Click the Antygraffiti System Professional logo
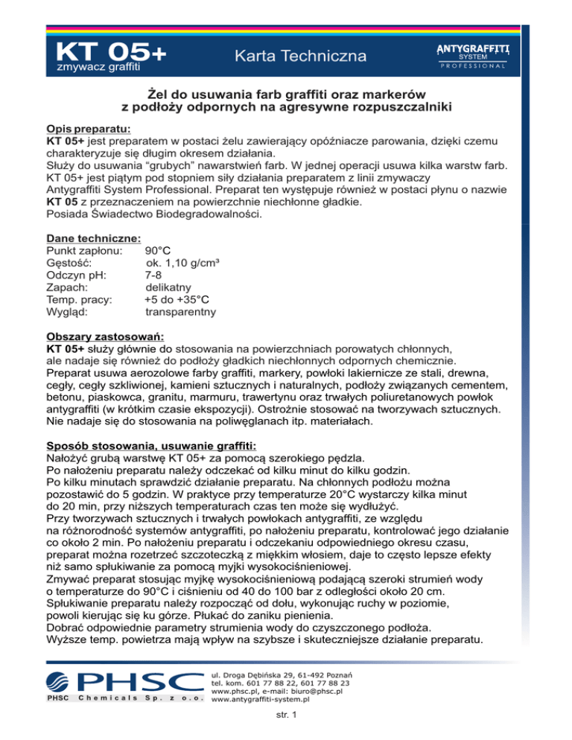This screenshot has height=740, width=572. [471, 56]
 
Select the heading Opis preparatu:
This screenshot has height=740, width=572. [89, 127]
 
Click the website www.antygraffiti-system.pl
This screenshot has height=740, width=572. [261, 700]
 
